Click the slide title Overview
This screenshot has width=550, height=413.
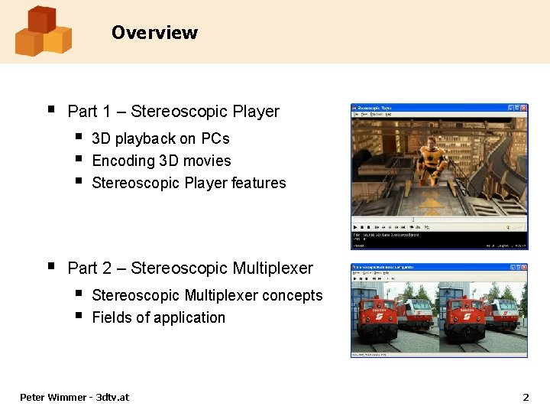point(154,33)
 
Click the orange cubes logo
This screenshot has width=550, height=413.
point(43,31)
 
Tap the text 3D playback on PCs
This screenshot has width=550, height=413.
point(160,138)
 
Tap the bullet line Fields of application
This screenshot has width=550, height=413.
point(158,317)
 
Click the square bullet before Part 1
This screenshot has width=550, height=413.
point(50,110)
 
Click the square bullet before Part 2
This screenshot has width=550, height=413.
point(50,267)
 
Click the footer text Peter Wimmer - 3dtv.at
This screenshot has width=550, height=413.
point(74,397)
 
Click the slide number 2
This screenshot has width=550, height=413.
point(525,397)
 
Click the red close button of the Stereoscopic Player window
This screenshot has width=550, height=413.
point(523,108)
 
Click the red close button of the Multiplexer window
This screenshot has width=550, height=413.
point(523,268)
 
